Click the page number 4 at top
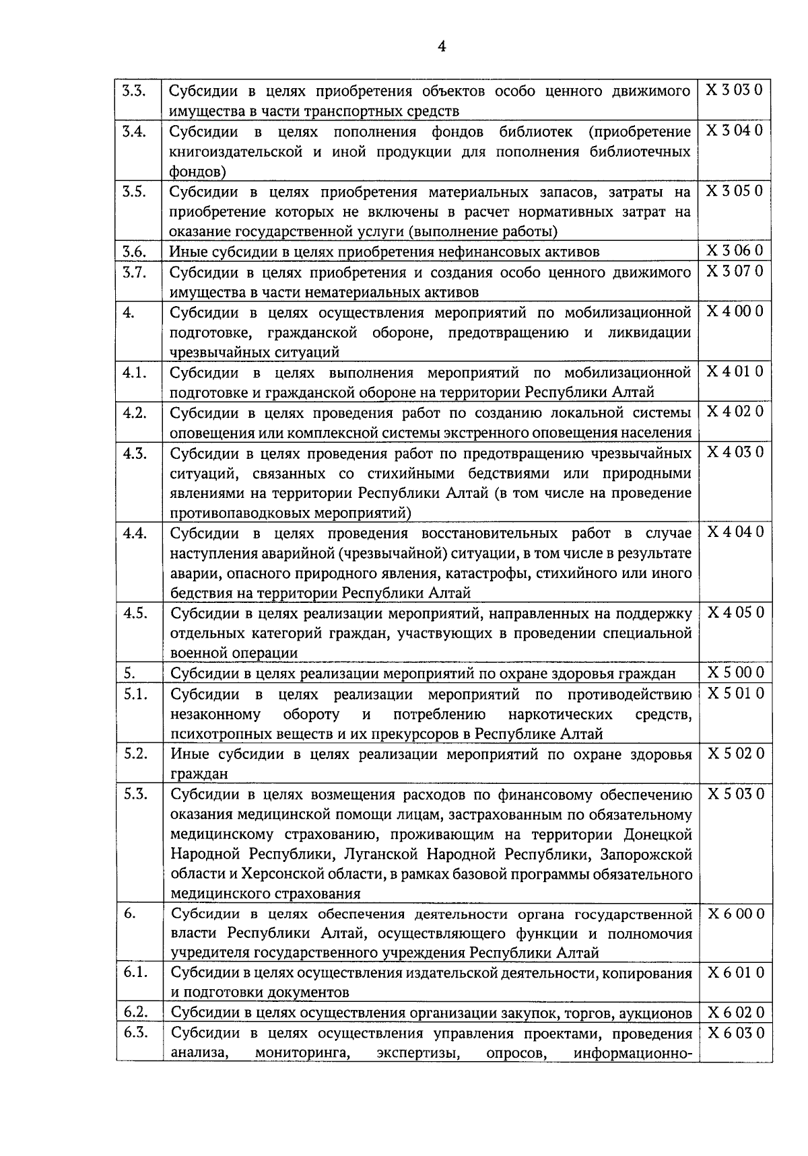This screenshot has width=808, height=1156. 442,46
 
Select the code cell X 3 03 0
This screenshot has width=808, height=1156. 734,91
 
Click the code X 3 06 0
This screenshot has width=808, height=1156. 734,252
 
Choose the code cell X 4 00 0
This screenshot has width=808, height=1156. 734,312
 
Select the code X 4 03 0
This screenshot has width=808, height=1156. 734,452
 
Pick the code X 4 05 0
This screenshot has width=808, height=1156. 734,613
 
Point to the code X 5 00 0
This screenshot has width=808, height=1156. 734,673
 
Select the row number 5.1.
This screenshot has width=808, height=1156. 135,694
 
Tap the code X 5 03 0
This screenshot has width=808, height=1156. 734,794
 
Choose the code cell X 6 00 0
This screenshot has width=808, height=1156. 734,914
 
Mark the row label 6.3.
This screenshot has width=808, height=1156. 135,1034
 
